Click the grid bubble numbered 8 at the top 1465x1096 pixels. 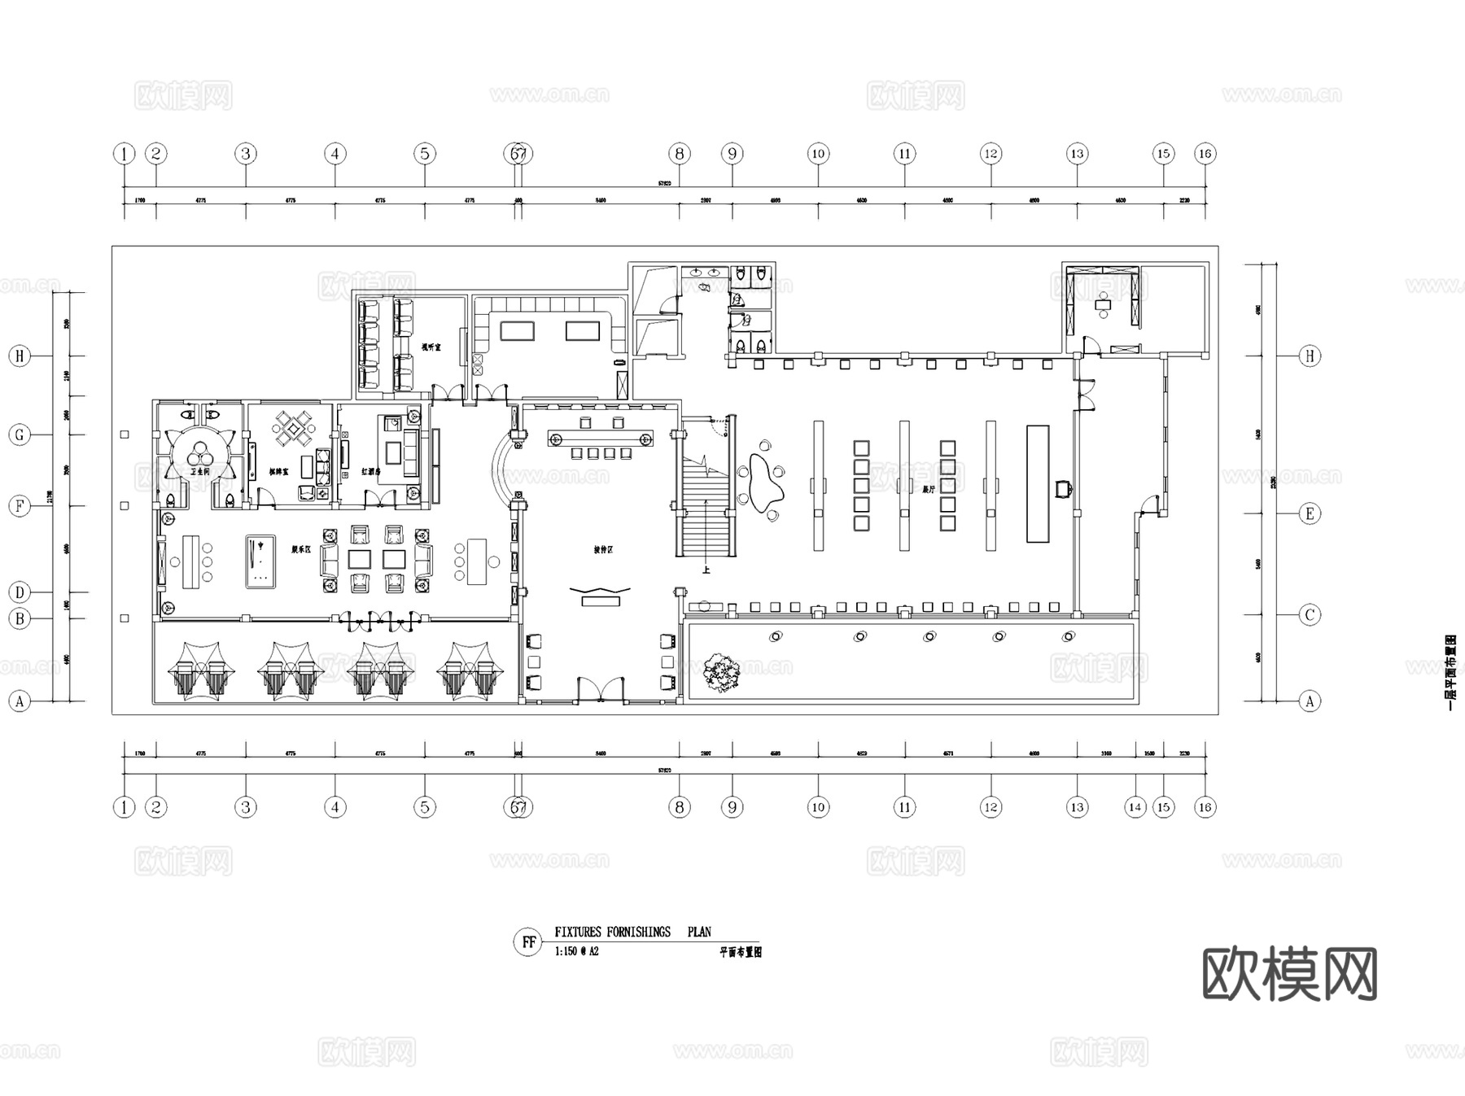(x=679, y=154)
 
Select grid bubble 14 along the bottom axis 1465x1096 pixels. (x=1135, y=807)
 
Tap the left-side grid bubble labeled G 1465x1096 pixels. (x=20, y=434)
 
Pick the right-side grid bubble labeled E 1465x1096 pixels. (x=1310, y=513)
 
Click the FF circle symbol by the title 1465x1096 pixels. (x=528, y=942)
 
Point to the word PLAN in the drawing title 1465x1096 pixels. (x=699, y=932)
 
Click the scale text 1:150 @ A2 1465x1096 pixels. (x=576, y=951)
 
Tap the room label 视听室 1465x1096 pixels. (x=431, y=347)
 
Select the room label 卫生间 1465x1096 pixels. (x=200, y=471)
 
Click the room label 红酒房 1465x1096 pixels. (x=371, y=471)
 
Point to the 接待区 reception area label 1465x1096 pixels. (x=603, y=550)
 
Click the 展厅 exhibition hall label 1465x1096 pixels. (x=929, y=489)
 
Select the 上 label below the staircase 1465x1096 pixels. (x=706, y=570)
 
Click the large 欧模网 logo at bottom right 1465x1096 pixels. (x=1289, y=974)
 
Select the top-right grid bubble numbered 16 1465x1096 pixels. (x=1205, y=154)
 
